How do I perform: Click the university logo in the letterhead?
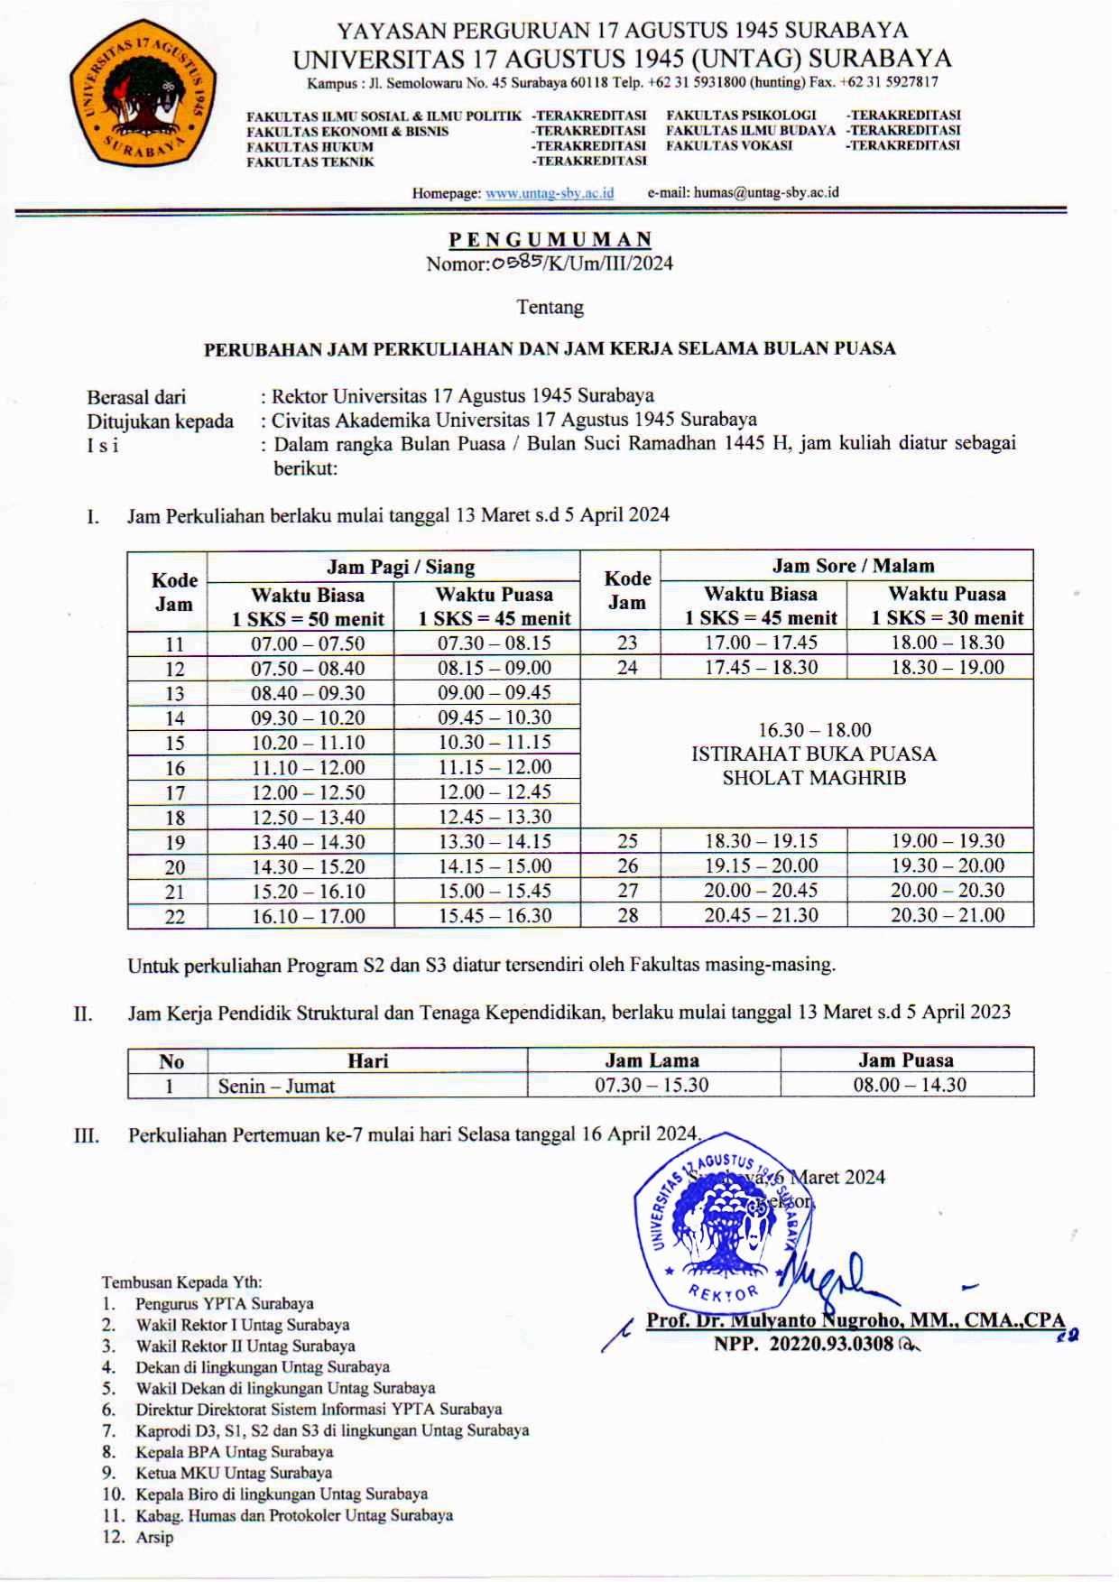pyautogui.click(x=143, y=94)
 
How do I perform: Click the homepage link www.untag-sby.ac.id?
pyautogui.click(x=549, y=192)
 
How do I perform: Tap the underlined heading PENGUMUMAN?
pyautogui.click(x=550, y=239)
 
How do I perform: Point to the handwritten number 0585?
pyautogui.click(x=517, y=262)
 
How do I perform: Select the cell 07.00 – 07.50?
pyautogui.click(x=308, y=643)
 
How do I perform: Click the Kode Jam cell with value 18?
pyautogui.click(x=174, y=818)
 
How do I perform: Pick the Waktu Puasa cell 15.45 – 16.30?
pyautogui.click(x=494, y=915)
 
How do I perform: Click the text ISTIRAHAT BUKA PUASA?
pyautogui.click(x=813, y=754)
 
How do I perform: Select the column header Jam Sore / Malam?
pyautogui.click(x=852, y=566)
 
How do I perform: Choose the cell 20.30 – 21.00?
pyautogui.click(x=947, y=914)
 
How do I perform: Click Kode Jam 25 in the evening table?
pyautogui.click(x=627, y=841)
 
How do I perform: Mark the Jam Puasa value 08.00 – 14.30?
pyautogui.click(x=909, y=1085)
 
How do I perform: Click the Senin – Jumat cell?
pyautogui.click(x=276, y=1086)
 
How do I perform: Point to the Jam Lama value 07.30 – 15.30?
pyautogui.click(x=651, y=1085)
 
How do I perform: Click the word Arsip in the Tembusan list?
pyautogui.click(x=154, y=1537)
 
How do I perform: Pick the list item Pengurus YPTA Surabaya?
pyautogui.click(x=224, y=1303)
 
